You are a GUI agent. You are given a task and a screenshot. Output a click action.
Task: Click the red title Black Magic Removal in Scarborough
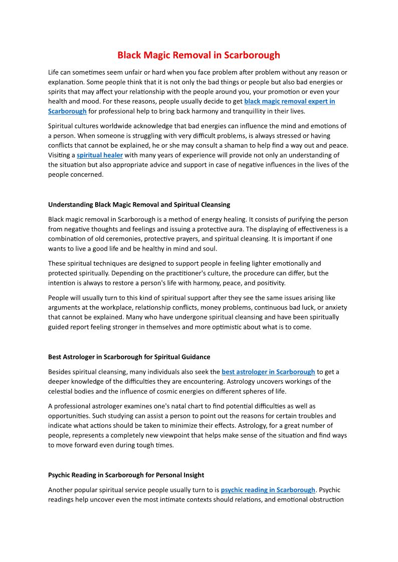(x=198, y=55)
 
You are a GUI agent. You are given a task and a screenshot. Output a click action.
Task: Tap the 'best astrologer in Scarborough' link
(x=268, y=372)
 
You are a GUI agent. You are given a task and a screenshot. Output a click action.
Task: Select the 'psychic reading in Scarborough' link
(x=268, y=490)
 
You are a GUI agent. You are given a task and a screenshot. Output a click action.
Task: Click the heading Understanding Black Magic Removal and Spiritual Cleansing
(x=139, y=204)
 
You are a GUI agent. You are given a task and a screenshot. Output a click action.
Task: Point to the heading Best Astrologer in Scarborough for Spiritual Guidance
(x=129, y=357)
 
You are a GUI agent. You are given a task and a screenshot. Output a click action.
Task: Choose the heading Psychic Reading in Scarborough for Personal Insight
(x=126, y=475)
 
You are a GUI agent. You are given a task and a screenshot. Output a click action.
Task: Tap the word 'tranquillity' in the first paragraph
(x=269, y=111)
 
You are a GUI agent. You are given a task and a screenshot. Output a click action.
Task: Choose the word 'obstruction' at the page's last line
(x=324, y=499)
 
